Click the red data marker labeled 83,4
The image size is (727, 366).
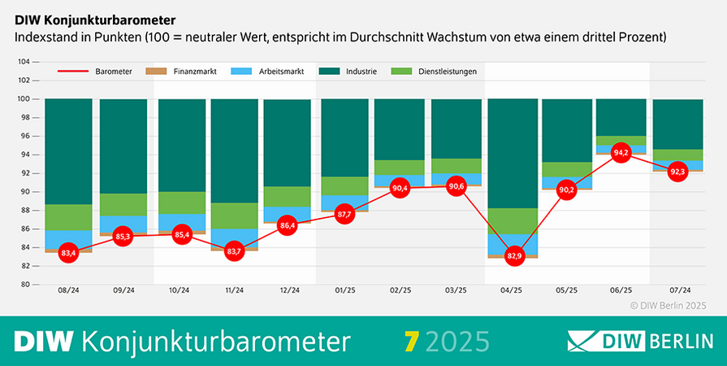click(x=68, y=253)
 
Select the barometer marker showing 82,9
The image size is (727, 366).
click(x=511, y=256)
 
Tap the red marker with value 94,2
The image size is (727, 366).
click(x=621, y=152)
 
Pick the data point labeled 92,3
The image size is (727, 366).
click(x=677, y=172)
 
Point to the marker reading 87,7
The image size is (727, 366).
click(x=344, y=215)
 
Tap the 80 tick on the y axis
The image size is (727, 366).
click(x=24, y=285)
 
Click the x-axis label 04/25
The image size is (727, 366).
click(x=511, y=290)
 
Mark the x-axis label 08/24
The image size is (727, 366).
click(x=68, y=290)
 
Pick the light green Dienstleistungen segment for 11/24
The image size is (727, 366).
click(x=234, y=216)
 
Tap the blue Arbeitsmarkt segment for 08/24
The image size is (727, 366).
click(x=68, y=239)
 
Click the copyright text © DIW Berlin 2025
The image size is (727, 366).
click(x=669, y=305)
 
